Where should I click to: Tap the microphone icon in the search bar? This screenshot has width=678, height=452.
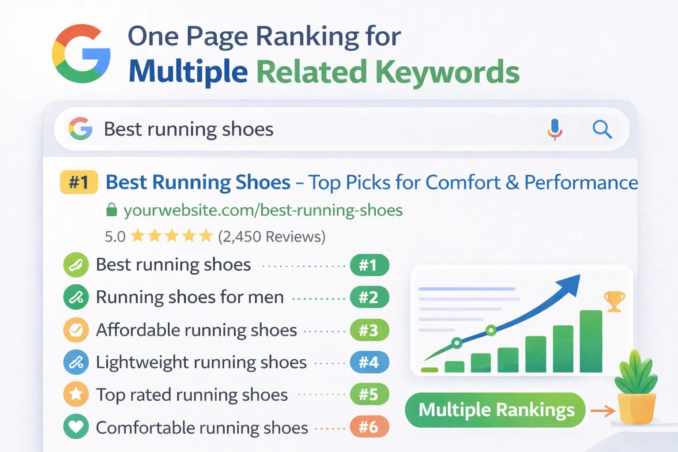pos(554,130)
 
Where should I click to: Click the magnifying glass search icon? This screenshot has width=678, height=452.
pos(602,129)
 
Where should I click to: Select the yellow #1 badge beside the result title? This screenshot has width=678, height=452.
pos(79,182)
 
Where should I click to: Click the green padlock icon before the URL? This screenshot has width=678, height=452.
pos(111,210)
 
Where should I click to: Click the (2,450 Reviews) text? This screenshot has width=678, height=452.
pos(271,237)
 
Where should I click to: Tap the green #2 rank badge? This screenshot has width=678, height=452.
pos(369,298)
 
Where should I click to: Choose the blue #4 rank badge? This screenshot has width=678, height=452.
pos(369,362)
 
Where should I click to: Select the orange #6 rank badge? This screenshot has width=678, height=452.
pos(369,427)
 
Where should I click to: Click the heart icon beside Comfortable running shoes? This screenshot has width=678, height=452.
pos(76,426)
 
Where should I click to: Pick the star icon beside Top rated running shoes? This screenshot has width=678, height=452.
pos(76,394)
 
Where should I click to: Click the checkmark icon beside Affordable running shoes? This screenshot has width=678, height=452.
pos(76,330)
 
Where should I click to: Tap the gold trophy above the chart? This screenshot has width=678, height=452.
pos(614,301)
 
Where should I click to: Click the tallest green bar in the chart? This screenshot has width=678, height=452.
pos(591,341)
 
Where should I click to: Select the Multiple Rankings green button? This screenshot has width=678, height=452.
pos(495,410)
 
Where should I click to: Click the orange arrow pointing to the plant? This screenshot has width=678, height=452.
pos(603,411)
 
